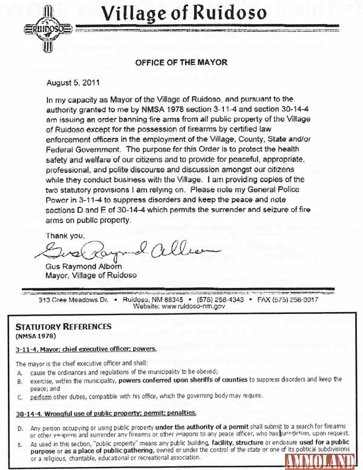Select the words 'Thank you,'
[64, 235]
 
